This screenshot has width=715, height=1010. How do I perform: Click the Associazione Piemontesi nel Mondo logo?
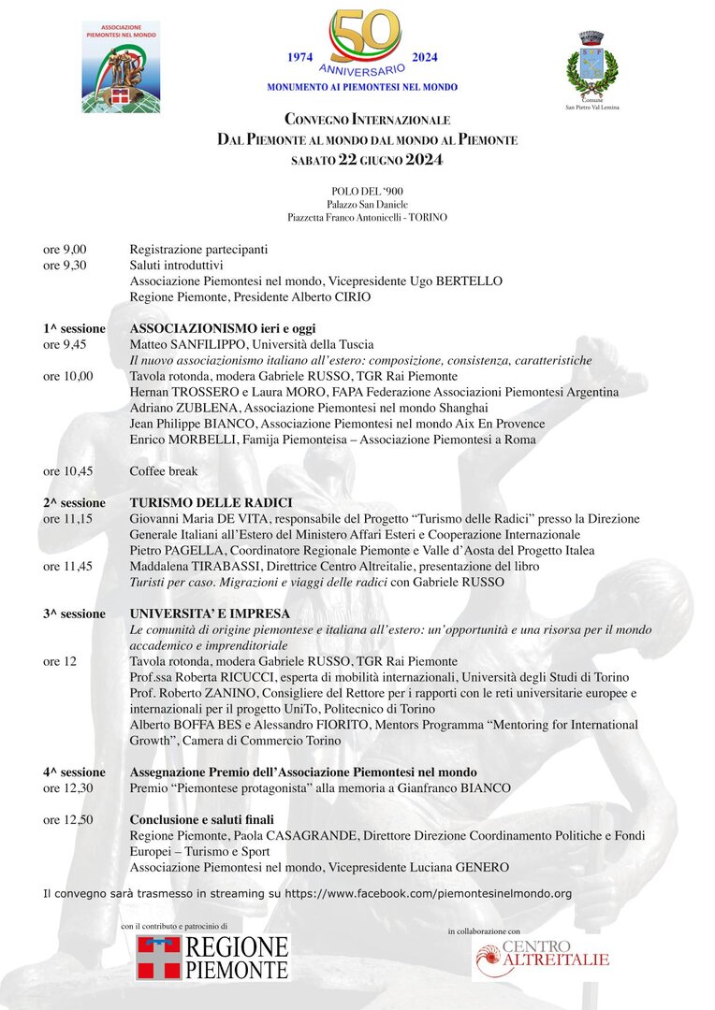(121, 67)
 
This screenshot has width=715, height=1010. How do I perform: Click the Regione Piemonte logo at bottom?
(212, 957)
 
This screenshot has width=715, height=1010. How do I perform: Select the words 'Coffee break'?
(164, 470)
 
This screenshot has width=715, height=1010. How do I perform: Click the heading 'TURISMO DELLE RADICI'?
(211, 502)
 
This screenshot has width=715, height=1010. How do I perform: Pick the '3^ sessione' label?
(74, 613)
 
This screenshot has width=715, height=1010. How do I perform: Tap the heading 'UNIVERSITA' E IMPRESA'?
(210, 613)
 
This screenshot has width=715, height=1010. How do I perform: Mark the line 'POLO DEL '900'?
(367, 191)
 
